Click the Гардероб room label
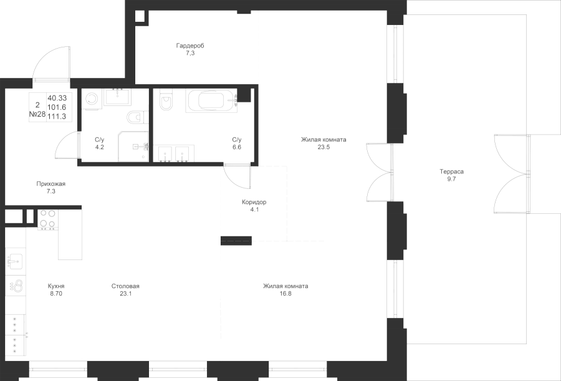(x=190, y=46)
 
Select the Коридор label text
(x=254, y=202)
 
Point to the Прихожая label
(x=51, y=184)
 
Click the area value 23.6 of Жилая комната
(x=323, y=147)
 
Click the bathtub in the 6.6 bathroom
(x=211, y=100)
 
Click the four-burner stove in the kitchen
(x=47, y=219)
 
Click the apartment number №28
(x=37, y=115)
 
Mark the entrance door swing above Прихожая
(x=51, y=65)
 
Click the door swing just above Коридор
(x=237, y=176)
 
